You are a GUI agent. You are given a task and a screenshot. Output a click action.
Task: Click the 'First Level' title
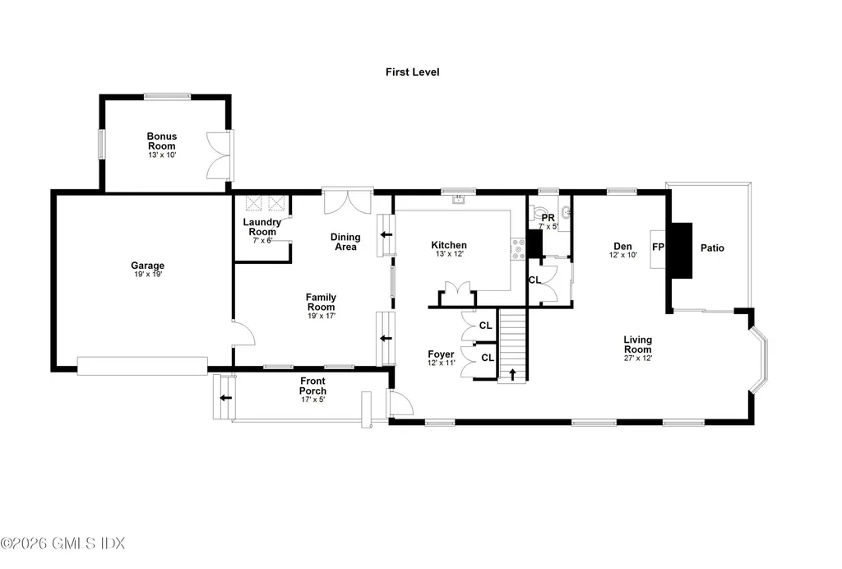point(413,72)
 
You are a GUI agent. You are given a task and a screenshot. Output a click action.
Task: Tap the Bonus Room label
point(162,141)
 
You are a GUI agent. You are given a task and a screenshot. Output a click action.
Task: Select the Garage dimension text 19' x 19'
point(147,275)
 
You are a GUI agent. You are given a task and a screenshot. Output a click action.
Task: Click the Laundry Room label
point(262,227)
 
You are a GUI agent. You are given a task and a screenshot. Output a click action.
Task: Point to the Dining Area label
point(345,242)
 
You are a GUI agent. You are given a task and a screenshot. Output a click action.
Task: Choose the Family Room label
point(321,302)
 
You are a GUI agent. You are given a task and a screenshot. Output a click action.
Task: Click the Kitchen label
point(449,245)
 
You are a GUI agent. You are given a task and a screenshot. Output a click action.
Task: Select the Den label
point(622,246)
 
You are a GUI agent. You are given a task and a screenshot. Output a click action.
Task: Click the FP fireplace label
point(658,247)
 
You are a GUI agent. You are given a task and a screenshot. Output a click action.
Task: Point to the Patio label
point(712,247)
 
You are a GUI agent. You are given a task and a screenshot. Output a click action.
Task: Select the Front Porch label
point(312,386)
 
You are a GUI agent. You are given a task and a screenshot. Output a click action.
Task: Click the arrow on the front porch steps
point(224,398)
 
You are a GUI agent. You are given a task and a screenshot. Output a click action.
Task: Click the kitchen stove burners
point(518,248)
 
